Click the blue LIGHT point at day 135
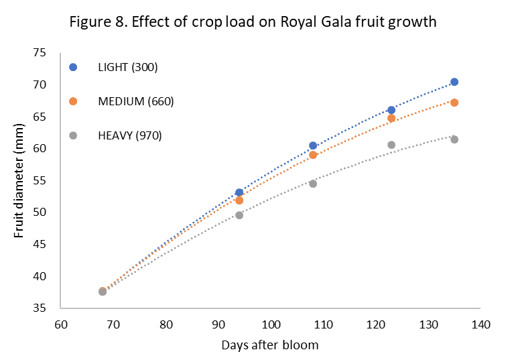coord(454,82)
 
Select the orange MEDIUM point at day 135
coord(454,103)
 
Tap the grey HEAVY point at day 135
coord(454,139)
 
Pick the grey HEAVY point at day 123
coord(391,145)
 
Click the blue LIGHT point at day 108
coord(313,145)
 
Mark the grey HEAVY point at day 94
coord(239,215)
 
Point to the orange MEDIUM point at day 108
coord(313,155)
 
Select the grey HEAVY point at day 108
coord(313,183)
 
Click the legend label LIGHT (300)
coord(128,67)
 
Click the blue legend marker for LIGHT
coord(74,67)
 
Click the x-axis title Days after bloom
coord(271,345)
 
